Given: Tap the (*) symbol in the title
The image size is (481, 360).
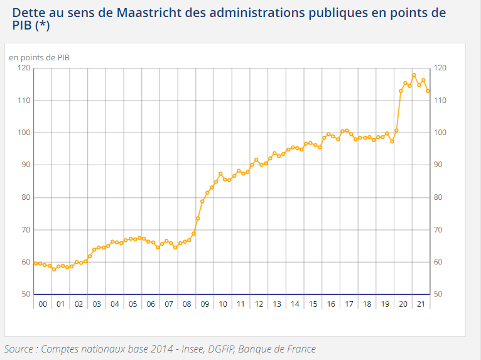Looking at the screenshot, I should [40, 26].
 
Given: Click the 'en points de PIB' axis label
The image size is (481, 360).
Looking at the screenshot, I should [39, 57].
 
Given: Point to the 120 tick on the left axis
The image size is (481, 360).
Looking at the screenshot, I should [24, 68].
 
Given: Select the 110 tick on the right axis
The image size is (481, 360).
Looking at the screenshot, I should [440, 101].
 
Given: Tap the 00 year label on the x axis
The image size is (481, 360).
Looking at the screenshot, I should [43, 304].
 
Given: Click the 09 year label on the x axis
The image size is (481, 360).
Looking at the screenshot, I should [205, 304].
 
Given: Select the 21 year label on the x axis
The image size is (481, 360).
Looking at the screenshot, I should [421, 304].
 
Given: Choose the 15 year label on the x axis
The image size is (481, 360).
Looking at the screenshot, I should [313, 304].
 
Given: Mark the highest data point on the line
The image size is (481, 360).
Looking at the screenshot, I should [414, 75].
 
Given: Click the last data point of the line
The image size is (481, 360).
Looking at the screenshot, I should [428, 91].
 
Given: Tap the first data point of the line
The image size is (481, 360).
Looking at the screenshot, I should [36, 263].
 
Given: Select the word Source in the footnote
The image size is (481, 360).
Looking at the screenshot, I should [19, 349].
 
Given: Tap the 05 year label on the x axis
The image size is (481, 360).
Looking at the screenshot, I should [132, 304].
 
